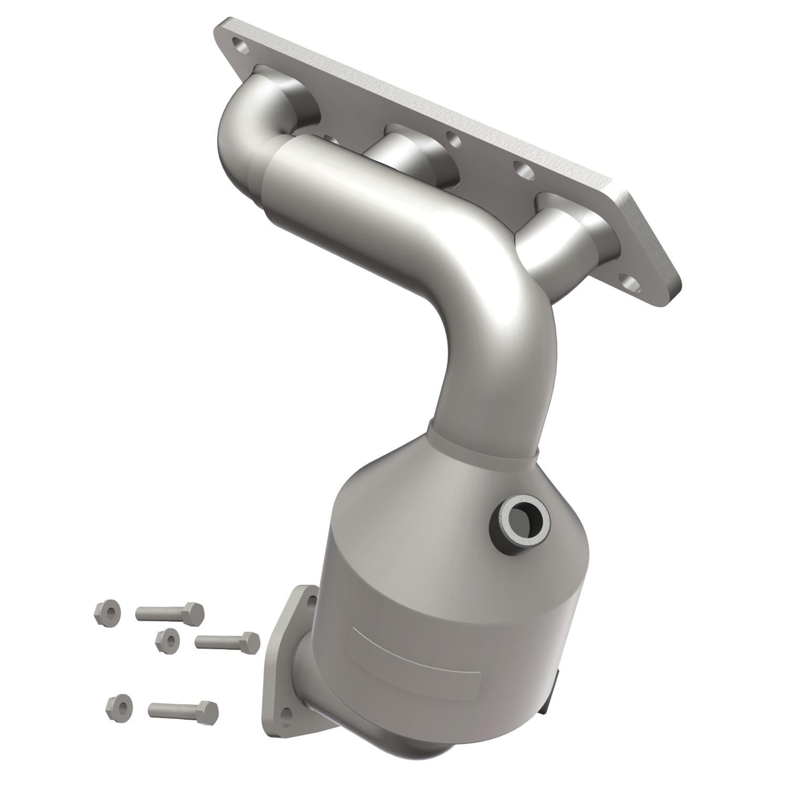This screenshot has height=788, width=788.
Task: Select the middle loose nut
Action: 168,639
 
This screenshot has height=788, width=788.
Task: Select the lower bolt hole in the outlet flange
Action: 286,714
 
